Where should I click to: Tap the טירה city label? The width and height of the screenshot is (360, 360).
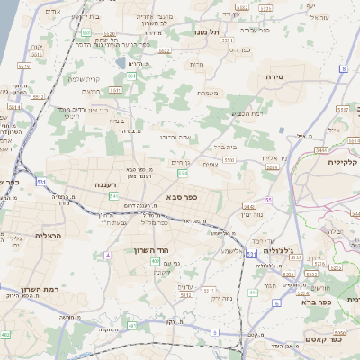275,78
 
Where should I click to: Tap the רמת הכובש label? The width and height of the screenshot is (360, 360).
245,112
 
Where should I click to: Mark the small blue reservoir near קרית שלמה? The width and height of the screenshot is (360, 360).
121,64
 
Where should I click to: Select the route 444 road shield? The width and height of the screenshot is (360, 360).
253,292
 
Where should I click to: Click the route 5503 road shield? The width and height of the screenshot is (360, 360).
230,159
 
